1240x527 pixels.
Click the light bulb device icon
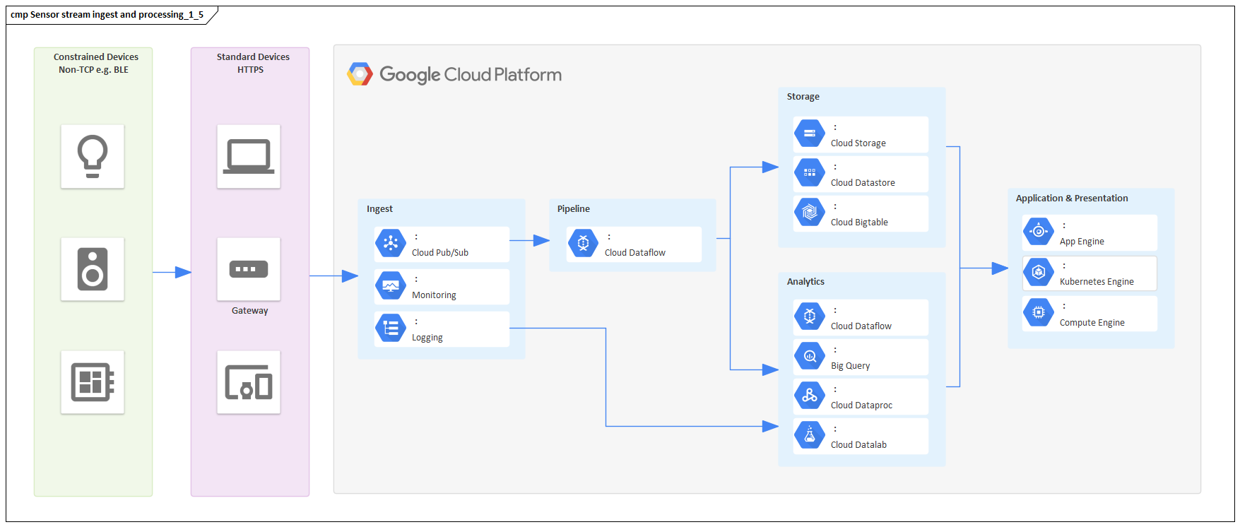coord(93,156)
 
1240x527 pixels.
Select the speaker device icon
coord(93,269)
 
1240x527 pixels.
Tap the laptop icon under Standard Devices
coord(249,156)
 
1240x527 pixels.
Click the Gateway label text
coord(249,311)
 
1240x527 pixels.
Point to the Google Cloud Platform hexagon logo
coord(360,74)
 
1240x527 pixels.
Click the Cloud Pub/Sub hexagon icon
coord(391,244)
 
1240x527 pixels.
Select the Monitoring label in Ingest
coord(434,295)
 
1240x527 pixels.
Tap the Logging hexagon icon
coord(391,328)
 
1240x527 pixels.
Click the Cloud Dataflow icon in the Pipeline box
coord(583,244)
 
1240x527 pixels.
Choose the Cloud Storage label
coord(858,143)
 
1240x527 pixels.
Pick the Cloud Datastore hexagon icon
coord(810,172)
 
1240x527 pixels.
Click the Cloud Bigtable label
coord(859,223)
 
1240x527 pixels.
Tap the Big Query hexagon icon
coord(810,356)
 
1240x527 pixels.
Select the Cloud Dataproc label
coord(861,405)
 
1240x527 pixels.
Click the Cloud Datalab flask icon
coord(810,435)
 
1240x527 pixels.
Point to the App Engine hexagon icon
coord(1039,231)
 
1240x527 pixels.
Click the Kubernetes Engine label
coord(1097,282)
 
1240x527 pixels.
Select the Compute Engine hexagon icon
coord(1039,312)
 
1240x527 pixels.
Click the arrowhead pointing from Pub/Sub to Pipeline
coord(542,241)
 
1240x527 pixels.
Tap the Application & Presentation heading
coord(1072,199)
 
